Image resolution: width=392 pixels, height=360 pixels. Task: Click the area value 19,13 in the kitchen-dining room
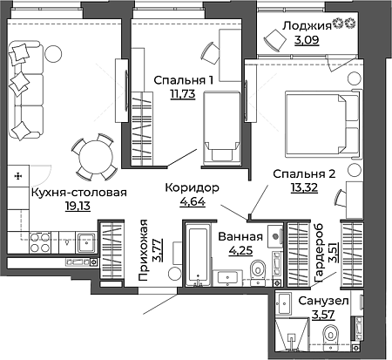coord(78,206)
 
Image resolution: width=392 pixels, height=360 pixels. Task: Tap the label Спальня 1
coord(184,80)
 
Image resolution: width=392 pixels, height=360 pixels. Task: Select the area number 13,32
coord(304,187)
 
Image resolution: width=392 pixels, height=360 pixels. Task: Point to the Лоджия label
coord(307,26)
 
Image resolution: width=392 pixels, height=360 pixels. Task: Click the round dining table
coord(96,159)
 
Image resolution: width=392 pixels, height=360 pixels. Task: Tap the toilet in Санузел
coord(331,336)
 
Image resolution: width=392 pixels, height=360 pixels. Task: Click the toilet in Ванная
coord(258,270)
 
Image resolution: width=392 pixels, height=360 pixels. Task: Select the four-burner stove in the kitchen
coord(39,243)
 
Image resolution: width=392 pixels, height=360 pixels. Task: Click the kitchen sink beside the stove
coord(85,242)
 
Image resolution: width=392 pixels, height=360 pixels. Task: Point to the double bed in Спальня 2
coord(323,125)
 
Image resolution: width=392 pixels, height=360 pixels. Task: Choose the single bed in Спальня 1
coord(222,128)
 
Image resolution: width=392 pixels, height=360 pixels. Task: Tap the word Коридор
coord(192,187)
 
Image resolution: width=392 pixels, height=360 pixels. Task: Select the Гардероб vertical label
coord(319,252)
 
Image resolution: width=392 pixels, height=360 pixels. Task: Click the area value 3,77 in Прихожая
coord(159,250)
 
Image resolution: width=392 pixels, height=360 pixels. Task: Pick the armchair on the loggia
coord(275,40)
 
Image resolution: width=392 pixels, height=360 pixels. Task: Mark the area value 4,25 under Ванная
coord(240,250)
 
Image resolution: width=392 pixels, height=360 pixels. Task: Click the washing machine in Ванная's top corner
coord(275,236)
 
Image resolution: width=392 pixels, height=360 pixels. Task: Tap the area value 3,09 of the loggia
coord(307,40)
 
